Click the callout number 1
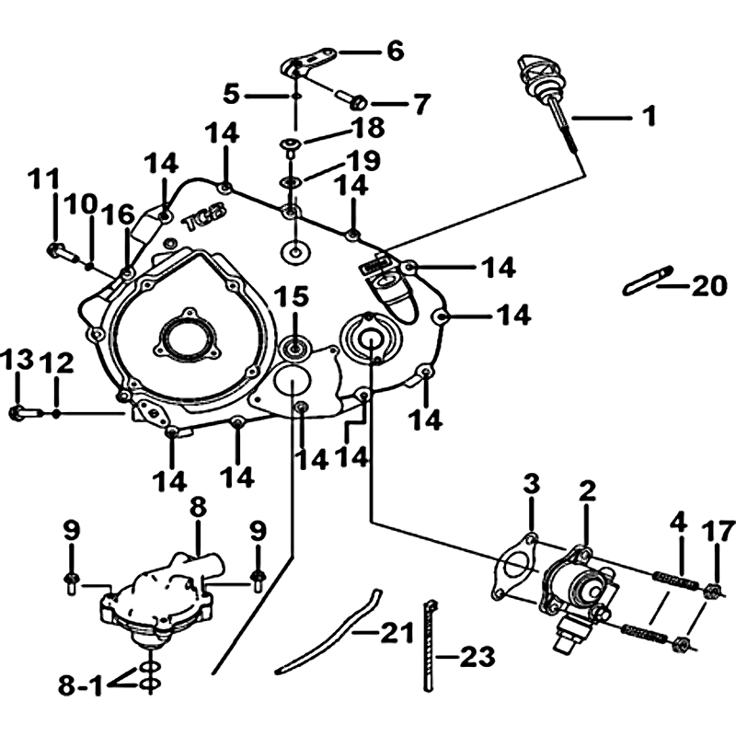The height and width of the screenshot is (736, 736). coord(650,116)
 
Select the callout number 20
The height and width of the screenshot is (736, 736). coord(709,285)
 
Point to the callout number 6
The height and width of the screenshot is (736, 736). coord(396,52)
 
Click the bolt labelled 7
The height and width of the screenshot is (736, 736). coord(352,98)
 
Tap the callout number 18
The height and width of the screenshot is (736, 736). coord(369,128)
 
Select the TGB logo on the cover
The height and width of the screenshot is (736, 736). coord(204,217)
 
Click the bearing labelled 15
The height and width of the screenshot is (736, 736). coord(294,350)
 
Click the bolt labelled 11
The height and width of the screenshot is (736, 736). coord(63,252)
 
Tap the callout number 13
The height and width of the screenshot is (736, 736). coord(17,360)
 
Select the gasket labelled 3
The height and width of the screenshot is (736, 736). coord(515,572)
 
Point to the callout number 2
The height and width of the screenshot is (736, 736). coord(587,492)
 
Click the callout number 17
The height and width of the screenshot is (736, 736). coord(719,532)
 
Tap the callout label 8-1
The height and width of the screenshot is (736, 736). coord(80,685)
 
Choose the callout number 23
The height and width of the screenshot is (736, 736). coord(477,657)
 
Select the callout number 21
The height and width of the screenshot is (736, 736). coord(397,632)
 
